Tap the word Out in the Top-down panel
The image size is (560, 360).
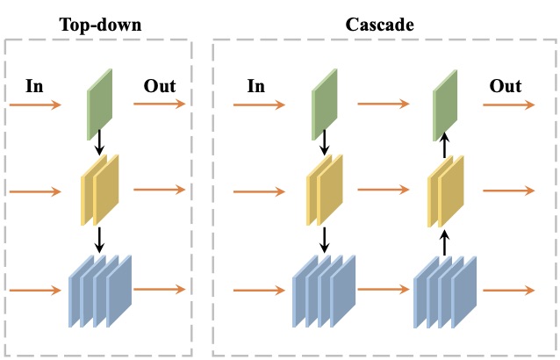coord(160,86)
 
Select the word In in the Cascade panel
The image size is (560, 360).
coord(255,86)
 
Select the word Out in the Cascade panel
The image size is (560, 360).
coord(506,86)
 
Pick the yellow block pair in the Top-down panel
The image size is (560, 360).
coord(100,190)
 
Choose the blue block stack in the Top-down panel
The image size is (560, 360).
coord(100,290)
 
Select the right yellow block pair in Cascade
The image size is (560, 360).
coord(446,190)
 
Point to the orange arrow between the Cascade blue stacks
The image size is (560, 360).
coord(384,289)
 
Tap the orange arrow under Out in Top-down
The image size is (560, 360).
coord(160,104)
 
